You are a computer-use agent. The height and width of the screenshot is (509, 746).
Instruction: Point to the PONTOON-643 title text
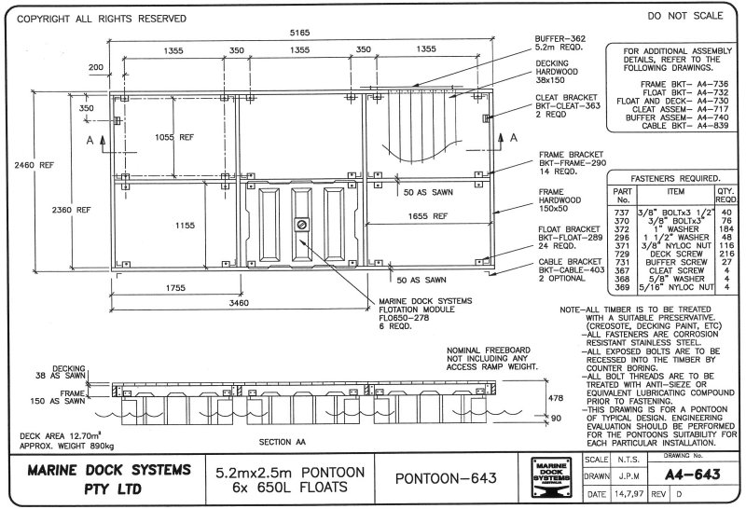(444, 478)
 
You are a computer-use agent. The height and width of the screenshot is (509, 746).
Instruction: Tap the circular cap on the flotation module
(301, 224)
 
